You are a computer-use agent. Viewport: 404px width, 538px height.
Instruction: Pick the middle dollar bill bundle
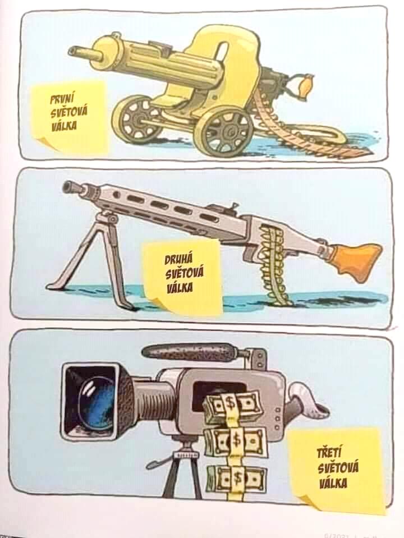tap(236, 441)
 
